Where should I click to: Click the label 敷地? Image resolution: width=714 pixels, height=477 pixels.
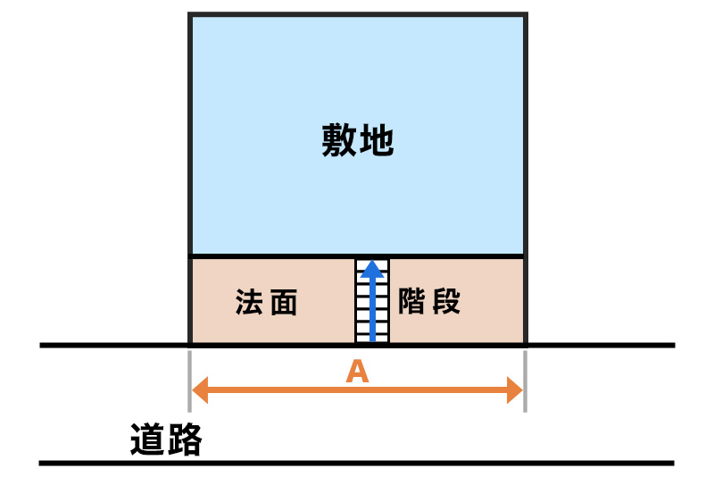[357, 141]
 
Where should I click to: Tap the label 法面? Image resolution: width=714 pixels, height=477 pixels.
[266, 303]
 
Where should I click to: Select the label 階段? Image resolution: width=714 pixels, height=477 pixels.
[429, 302]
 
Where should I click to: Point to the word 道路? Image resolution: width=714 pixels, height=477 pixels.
[166, 440]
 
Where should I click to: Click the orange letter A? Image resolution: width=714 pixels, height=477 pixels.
[357, 372]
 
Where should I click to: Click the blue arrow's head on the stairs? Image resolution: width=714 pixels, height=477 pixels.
[373, 269]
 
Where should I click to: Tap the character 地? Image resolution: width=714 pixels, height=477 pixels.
[377, 141]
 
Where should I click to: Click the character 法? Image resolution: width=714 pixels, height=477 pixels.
[249, 303]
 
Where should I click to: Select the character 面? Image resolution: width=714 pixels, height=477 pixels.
[283, 303]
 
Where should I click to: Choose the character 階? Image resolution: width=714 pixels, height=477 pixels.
[413, 302]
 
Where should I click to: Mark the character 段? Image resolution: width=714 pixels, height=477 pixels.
[445, 302]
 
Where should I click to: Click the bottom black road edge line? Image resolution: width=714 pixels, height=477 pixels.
[357, 463]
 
